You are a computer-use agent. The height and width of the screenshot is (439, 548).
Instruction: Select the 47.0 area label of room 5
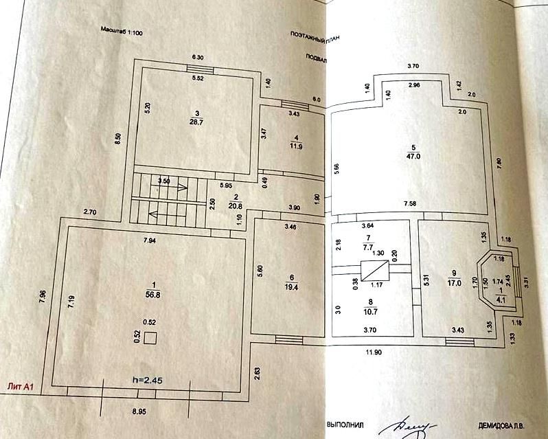point(413,156)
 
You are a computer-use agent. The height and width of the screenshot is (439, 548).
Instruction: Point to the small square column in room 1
point(150,338)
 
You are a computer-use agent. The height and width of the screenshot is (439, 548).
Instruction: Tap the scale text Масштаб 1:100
point(123,31)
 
